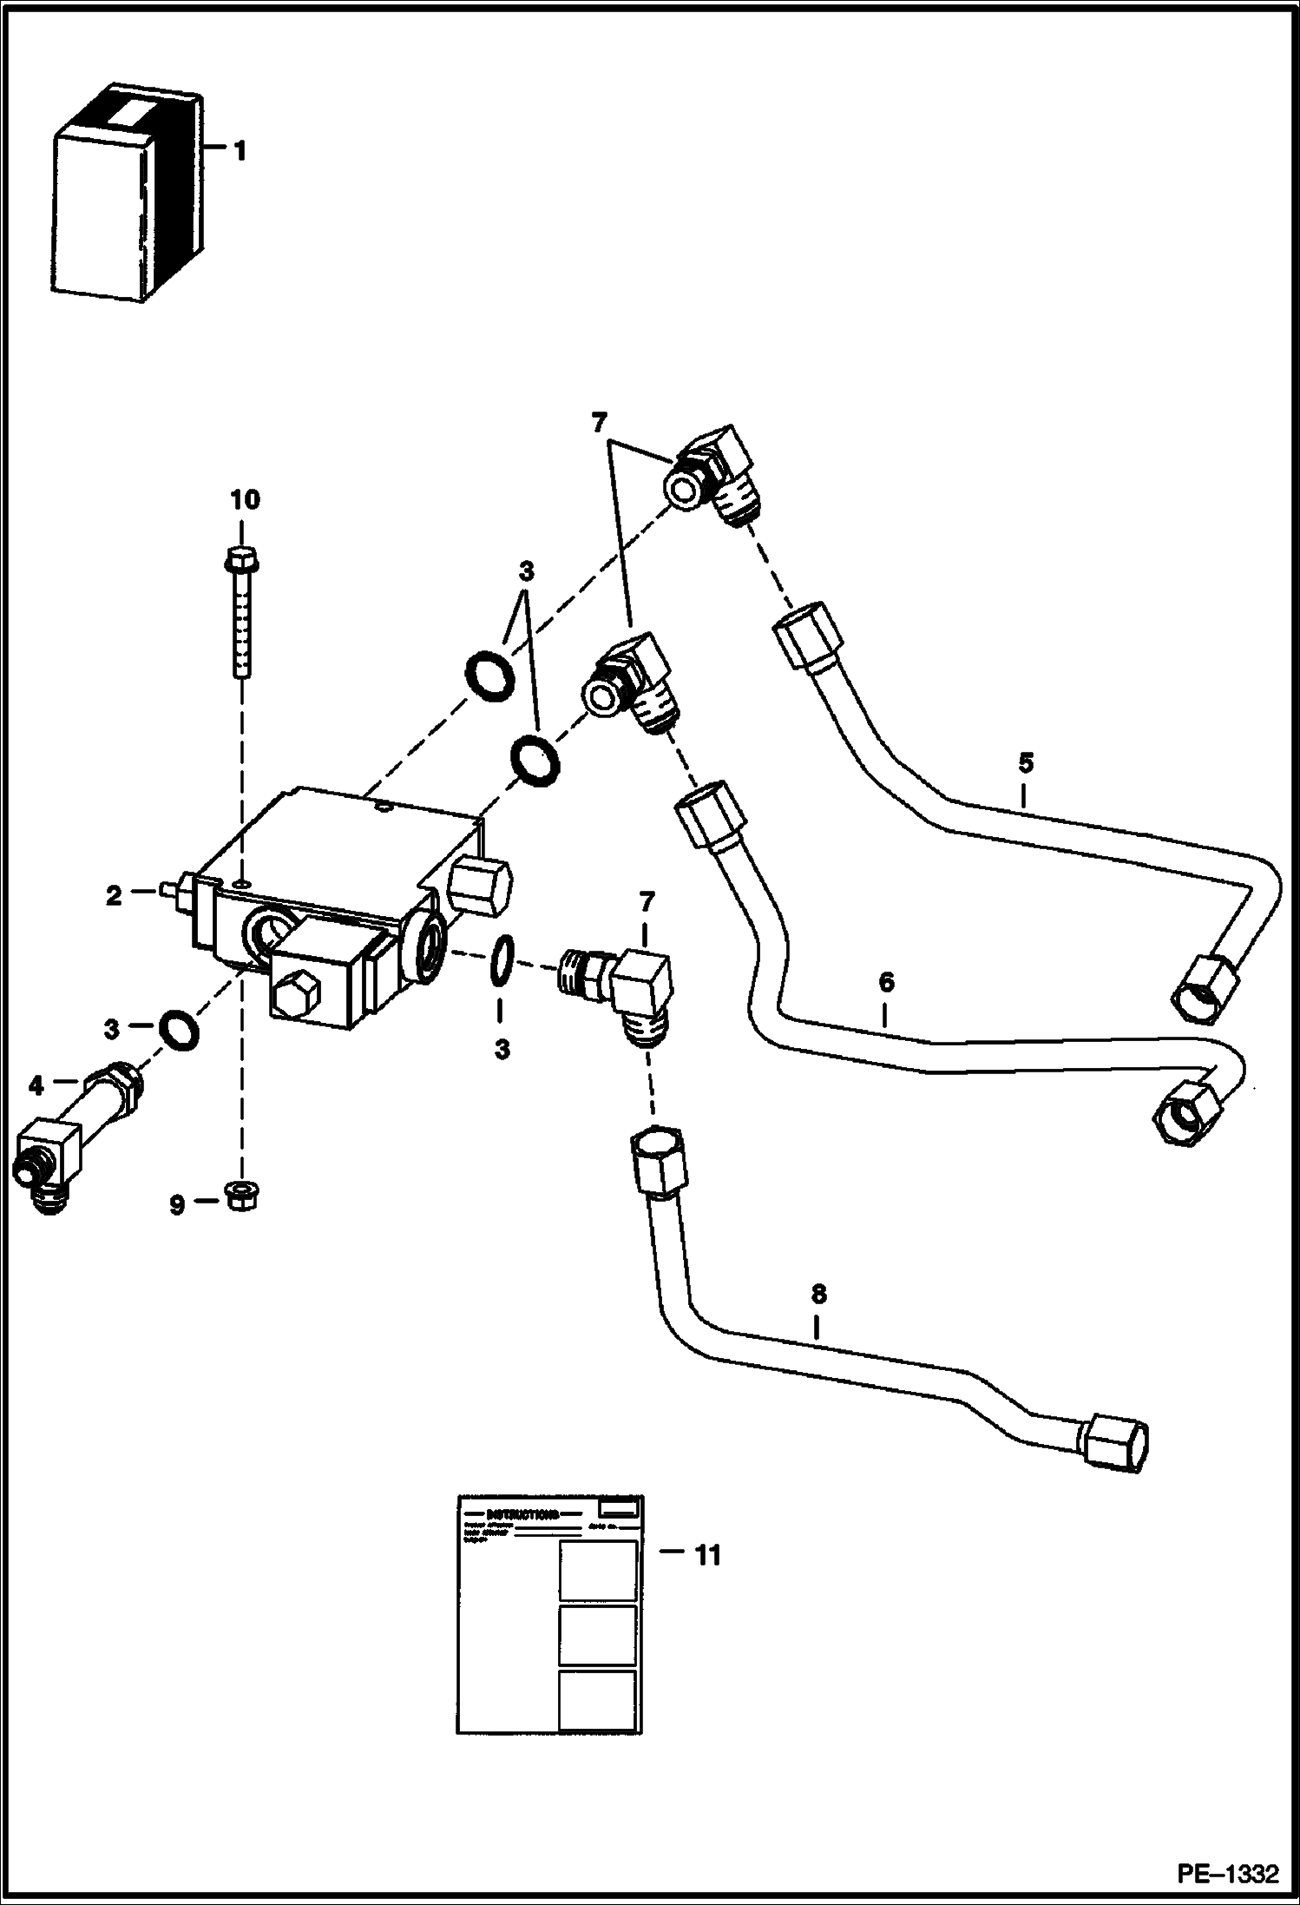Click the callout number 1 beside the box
click(x=240, y=152)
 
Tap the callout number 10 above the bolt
click(x=245, y=499)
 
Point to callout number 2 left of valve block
click(x=114, y=896)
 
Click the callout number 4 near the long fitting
click(x=36, y=1084)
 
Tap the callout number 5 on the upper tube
click(x=1026, y=763)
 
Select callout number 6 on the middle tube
click(x=885, y=983)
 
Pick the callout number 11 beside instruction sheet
click(x=708, y=1555)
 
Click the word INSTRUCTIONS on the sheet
click(x=522, y=1515)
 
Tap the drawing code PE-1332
click(x=1227, y=1873)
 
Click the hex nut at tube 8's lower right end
click(x=1119, y=1445)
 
